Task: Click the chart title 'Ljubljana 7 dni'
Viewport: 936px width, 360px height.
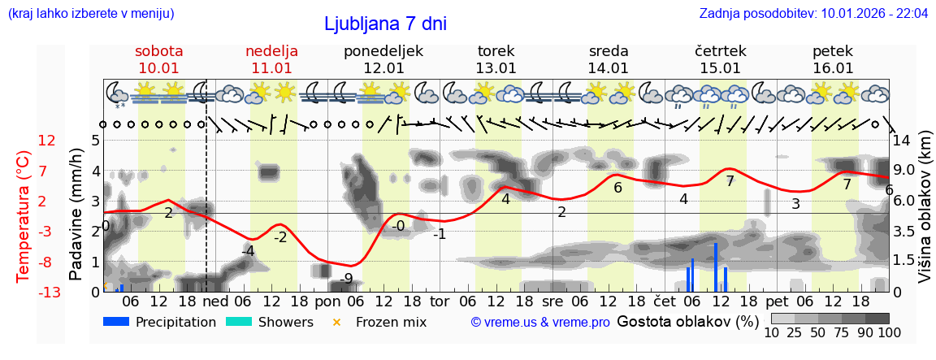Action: tap(385, 24)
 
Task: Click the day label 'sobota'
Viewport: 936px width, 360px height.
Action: tap(159, 51)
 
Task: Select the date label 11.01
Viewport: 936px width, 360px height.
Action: tap(271, 68)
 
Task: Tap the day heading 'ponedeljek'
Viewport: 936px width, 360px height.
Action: tap(383, 51)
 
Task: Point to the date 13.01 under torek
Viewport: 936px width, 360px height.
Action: tap(496, 68)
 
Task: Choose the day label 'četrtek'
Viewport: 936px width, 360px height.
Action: tap(721, 51)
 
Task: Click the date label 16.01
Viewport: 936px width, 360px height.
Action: tap(833, 68)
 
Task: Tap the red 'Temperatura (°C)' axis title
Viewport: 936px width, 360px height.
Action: tap(24, 215)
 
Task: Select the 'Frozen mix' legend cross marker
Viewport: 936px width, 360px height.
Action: tap(337, 322)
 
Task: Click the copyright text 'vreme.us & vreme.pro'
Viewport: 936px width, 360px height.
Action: tap(540, 323)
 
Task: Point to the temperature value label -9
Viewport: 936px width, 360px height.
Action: tap(347, 279)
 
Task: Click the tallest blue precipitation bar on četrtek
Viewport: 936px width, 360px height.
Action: tap(716, 267)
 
